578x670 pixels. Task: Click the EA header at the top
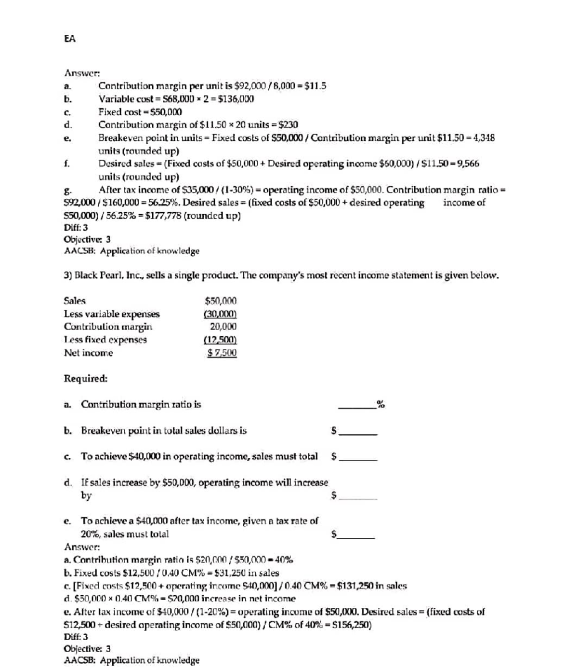(70, 39)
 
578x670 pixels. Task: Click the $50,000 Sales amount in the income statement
(221, 301)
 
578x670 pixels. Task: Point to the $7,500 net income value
(222, 353)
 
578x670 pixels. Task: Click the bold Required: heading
(86, 379)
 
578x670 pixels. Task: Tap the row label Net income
(89, 353)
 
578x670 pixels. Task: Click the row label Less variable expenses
(112, 314)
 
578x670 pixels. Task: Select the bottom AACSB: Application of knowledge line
(131, 660)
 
